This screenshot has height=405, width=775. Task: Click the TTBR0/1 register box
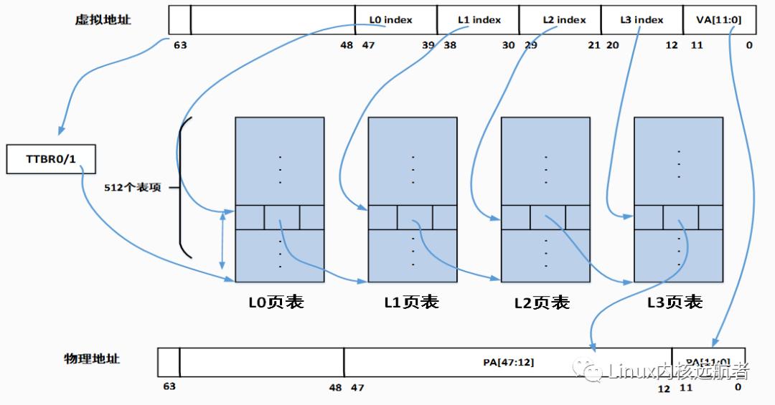pyautogui.click(x=50, y=158)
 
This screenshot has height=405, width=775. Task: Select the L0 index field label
pyautogui.click(x=391, y=20)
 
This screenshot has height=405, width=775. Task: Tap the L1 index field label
pyautogui.click(x=479, y=20)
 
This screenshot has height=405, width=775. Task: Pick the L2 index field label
pyautogui.click(x=564, y=20)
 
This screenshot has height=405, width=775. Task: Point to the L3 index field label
pyautogui.click(x=642, y=20)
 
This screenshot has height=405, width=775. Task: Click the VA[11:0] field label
pyautogui.click(x=713, y=20)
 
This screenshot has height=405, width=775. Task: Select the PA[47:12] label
pyautogui.click(x=508, y=362)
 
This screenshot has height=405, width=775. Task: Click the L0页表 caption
pyautogui.click(x=276, y=302)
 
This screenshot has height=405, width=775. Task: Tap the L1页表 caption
pyautogui.click(x=411, y=302)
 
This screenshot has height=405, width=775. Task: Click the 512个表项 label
pyautogui.click(x=133, y=188)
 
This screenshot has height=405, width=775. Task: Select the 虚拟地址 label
pyautogui.click(x=103, y=20)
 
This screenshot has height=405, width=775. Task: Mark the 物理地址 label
pyautogui.click(x=92, y=358)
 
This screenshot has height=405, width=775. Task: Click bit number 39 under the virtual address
pyautogui.click(x=428, y=44)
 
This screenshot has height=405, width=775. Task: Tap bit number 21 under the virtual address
pyautogui.click(x=593, y=44)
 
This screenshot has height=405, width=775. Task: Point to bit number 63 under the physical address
pyautogui.click(x=169, y=386)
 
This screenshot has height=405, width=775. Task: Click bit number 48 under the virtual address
pyautogui.click(x=347, y=44)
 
